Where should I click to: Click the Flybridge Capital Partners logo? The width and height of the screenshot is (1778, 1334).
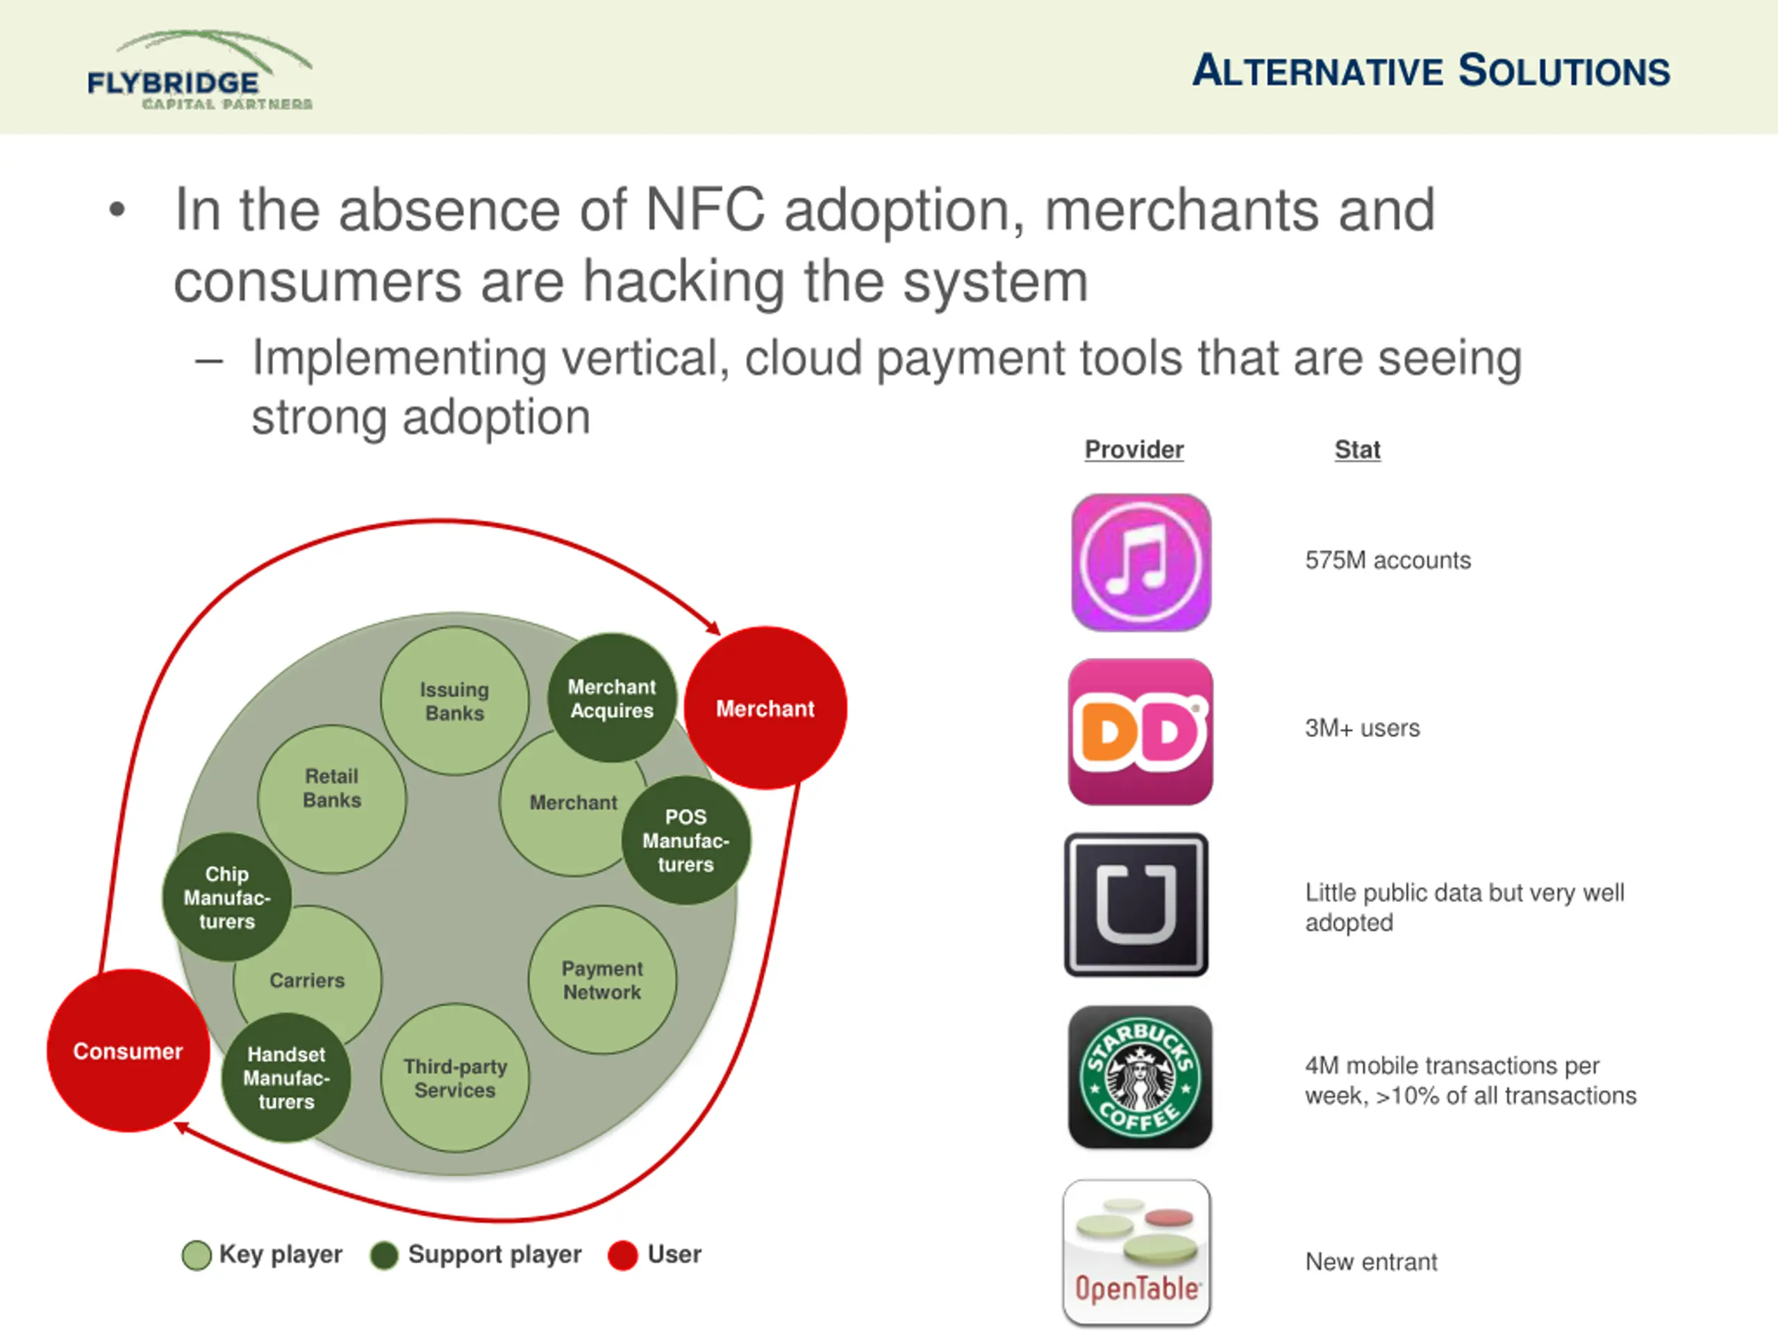coord(199,72)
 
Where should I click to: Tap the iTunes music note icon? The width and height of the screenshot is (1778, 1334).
coord(1140,562)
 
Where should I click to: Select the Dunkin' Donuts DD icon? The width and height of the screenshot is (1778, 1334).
coord(1140,732)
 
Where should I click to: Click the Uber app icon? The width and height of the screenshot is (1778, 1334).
coord(1136,905)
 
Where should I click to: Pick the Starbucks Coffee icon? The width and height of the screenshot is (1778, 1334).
coord(1140,1077)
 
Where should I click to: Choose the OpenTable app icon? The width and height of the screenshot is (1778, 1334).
coord(1136,1251)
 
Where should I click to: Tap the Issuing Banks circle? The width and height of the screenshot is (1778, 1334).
coord(454,700)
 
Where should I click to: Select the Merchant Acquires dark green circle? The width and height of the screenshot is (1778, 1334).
coord(612,698)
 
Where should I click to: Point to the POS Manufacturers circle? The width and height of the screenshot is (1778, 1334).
coord(686,840)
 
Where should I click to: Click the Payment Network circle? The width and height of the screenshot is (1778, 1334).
coord(602,980)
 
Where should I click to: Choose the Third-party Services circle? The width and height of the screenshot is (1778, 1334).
coord(455,1078)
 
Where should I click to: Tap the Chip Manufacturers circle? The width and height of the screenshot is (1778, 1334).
coord(226,898)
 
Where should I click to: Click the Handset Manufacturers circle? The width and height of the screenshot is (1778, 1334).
coord(286,1078)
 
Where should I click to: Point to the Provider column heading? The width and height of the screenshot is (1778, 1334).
coord(1133,450)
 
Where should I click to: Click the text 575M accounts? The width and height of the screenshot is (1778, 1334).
coord(1388,561)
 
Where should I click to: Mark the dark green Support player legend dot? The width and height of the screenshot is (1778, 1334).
coord(384,1255)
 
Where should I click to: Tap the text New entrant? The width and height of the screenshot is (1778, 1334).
coord(1370,1262)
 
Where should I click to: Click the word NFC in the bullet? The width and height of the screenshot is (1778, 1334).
coord(705,211)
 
